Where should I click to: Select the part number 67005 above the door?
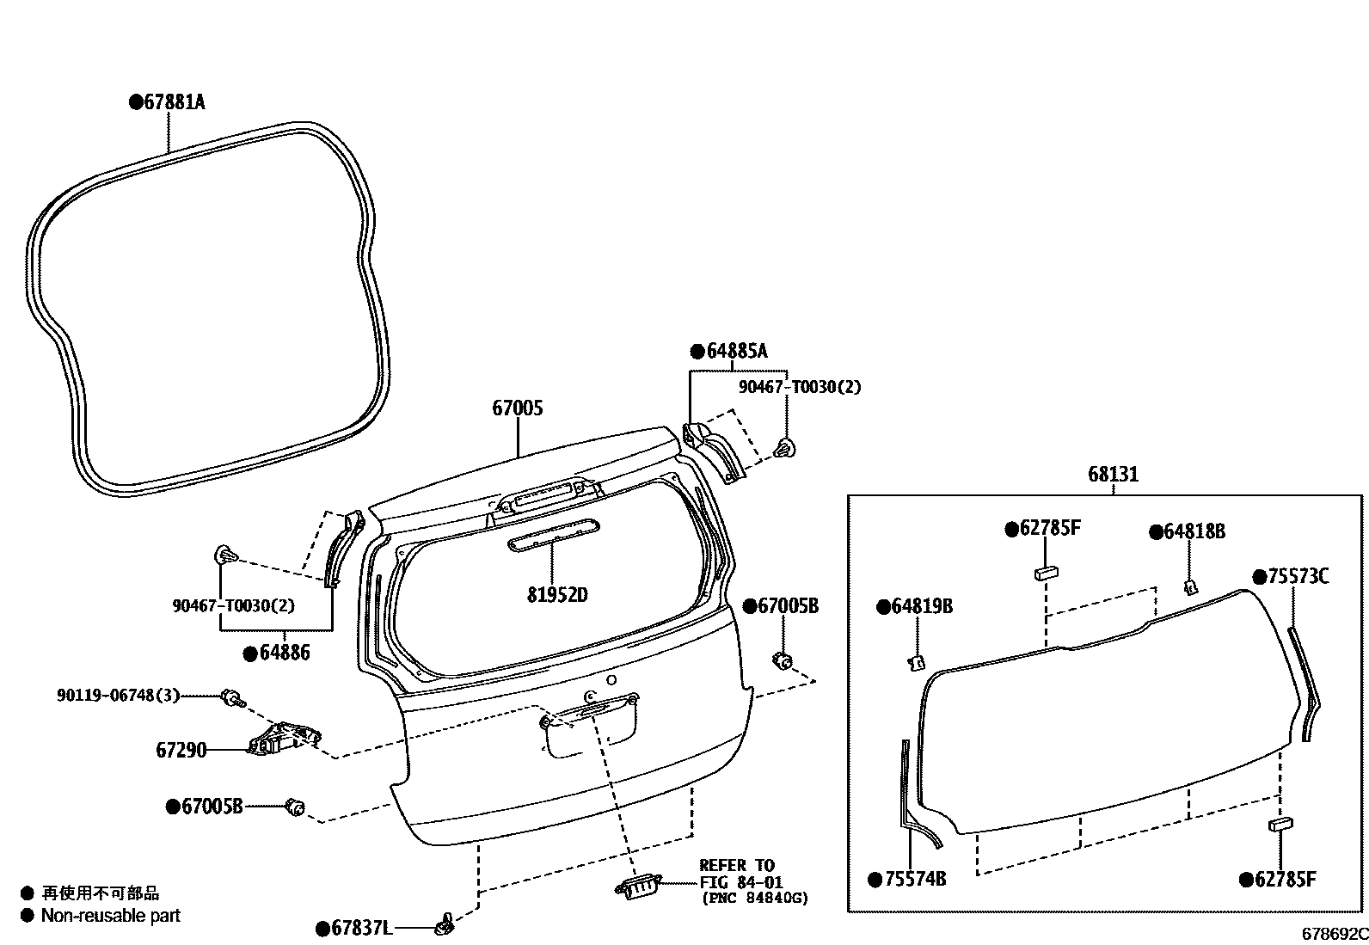click(518, 408)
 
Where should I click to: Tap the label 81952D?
click(558, 595)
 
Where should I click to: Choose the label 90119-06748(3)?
click(119, 695)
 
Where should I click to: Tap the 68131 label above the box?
click(1113, 474)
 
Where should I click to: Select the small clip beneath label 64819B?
click(917, 661)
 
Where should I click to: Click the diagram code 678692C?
click(1333, 933)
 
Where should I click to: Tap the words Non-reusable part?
click(110, 916)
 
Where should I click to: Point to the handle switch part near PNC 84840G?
click(637, 887)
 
